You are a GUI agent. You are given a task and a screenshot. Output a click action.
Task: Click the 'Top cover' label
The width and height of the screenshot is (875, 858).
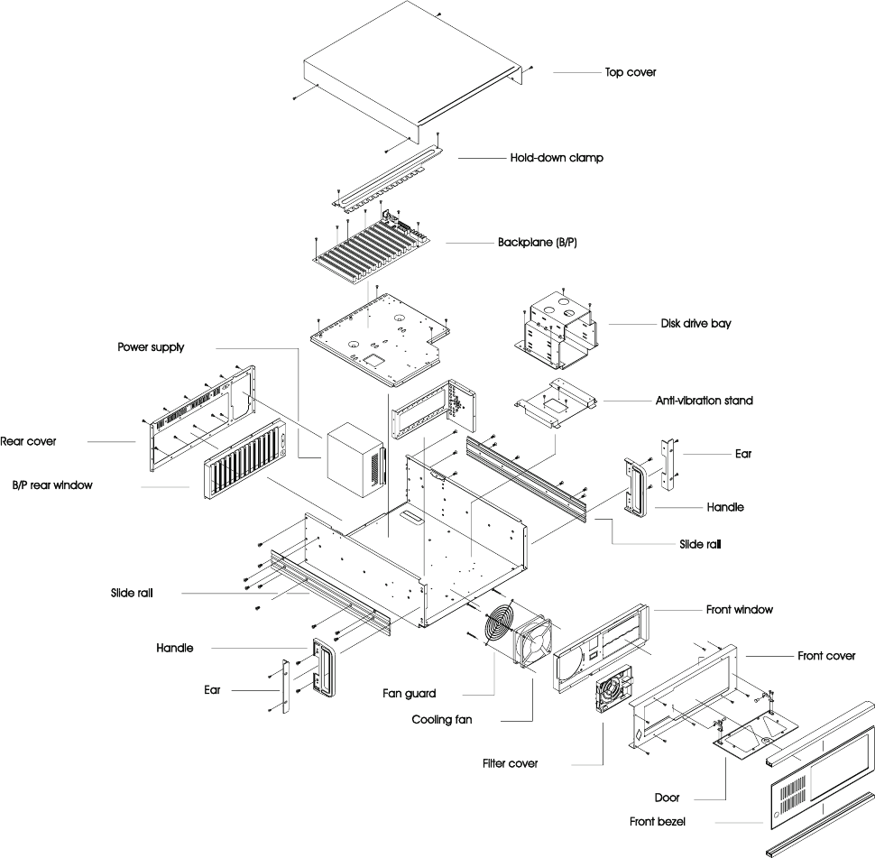630,72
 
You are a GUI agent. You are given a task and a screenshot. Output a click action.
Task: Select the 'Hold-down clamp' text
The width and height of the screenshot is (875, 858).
556,158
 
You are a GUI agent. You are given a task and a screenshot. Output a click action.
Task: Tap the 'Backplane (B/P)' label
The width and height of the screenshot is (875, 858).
537,243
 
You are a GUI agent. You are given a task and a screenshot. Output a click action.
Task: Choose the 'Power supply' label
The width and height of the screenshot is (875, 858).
151,347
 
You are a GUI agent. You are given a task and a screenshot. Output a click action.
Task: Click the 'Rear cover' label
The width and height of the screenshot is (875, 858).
28,441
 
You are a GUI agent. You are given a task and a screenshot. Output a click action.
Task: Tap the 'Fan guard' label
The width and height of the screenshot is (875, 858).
409,694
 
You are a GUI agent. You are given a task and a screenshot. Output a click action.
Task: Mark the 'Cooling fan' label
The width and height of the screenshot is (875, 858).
442,720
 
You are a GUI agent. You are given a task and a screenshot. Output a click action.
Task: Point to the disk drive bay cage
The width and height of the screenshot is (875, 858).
559,330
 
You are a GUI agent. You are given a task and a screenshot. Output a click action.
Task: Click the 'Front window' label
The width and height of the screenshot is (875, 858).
739,610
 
